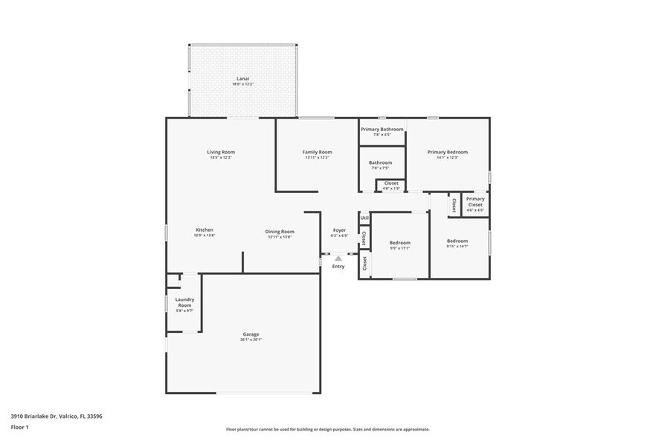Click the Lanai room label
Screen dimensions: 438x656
click(x=242, y=78)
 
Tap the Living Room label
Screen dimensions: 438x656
click(x=221, y=152)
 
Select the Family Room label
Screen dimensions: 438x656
click(x=317, y=152)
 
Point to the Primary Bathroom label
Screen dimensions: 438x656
click(x=382, y=130)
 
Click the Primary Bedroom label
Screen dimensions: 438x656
click(x=447, y=152)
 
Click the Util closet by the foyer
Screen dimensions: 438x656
click(x=364, y=218)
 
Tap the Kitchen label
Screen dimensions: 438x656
click(x=205, y=230)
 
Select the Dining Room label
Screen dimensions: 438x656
click(x=280, y=232)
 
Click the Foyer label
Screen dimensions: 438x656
click(x=339, y=231)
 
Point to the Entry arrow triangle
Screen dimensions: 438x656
click(x=338, y=258)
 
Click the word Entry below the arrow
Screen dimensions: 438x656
click(x=338, y=266)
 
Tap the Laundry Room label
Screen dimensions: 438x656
click(x=184, y=302)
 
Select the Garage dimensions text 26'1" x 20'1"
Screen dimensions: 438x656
click(x=251, y=340)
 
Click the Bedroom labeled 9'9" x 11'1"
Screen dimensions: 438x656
click(x=399, y=243)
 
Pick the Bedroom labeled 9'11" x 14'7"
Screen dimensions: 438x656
click(x=457, y=241)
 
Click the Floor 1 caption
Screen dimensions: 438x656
click(x=19, y=427)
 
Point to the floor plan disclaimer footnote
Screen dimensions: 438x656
click(x=327, y=429)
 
